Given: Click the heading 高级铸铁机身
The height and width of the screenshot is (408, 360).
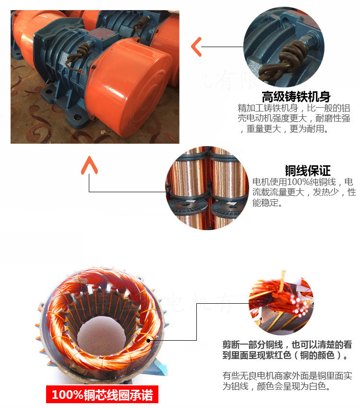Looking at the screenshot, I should click(296, 96).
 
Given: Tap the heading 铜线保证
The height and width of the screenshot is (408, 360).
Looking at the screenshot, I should click(308, 171).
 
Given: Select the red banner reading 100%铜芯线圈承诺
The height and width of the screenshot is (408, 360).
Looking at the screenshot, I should click(102, 395).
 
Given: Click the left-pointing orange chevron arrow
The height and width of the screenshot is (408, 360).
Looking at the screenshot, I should click(196, 47).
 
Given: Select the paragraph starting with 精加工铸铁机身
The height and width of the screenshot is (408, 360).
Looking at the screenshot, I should click(296, 119).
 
